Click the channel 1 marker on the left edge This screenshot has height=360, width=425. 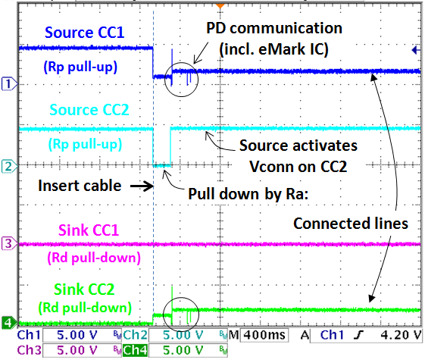tap(8, 85)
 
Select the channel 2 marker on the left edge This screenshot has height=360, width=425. tap(8, 165)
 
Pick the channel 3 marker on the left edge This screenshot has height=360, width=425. tap(8, 244)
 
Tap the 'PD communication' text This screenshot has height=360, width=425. tap(274, 29)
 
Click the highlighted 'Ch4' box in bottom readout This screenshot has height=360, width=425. tap(136, 349)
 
